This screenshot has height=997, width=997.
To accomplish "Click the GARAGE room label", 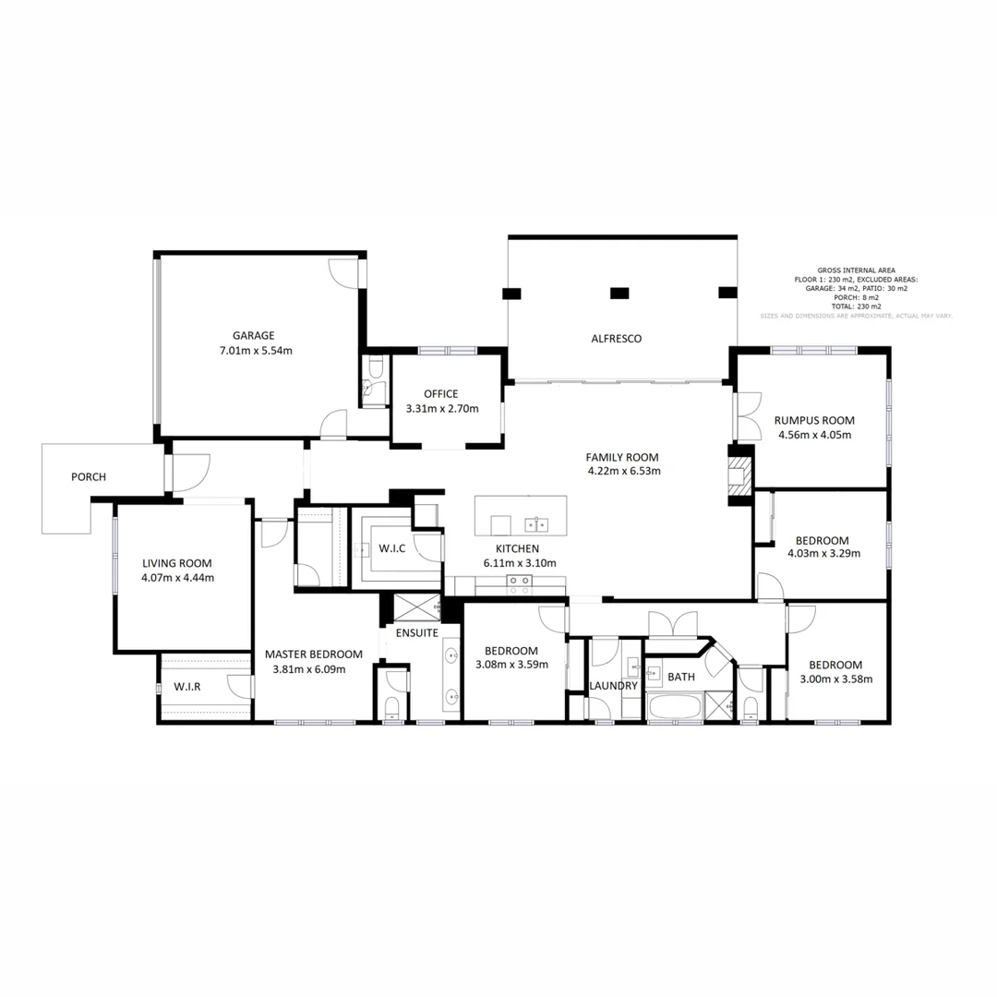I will point(253,336).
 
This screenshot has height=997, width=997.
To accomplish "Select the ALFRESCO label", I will point(616,339).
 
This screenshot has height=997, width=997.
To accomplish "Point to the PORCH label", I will point(89,477).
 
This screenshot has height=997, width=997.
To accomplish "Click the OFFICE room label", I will point(440,394).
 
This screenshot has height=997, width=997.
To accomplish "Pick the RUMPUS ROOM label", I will point(814,420).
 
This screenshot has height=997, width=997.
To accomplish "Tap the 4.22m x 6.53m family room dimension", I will point(623,471).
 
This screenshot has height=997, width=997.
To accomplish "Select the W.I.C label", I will point(392,548).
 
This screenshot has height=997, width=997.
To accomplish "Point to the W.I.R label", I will point(187,688).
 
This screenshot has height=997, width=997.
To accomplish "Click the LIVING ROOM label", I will point(177,563).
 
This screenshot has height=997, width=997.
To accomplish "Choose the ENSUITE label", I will point(417,633).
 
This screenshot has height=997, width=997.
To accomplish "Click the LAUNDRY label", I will point(613,686).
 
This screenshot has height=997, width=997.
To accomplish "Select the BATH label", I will point(681,677).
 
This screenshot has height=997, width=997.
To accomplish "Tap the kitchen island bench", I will point(521,515).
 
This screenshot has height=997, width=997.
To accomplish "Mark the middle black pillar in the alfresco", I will point(619,294).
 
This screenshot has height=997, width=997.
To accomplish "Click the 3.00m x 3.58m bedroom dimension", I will point(835,679).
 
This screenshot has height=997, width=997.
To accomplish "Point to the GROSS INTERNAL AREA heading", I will point(856,270).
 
